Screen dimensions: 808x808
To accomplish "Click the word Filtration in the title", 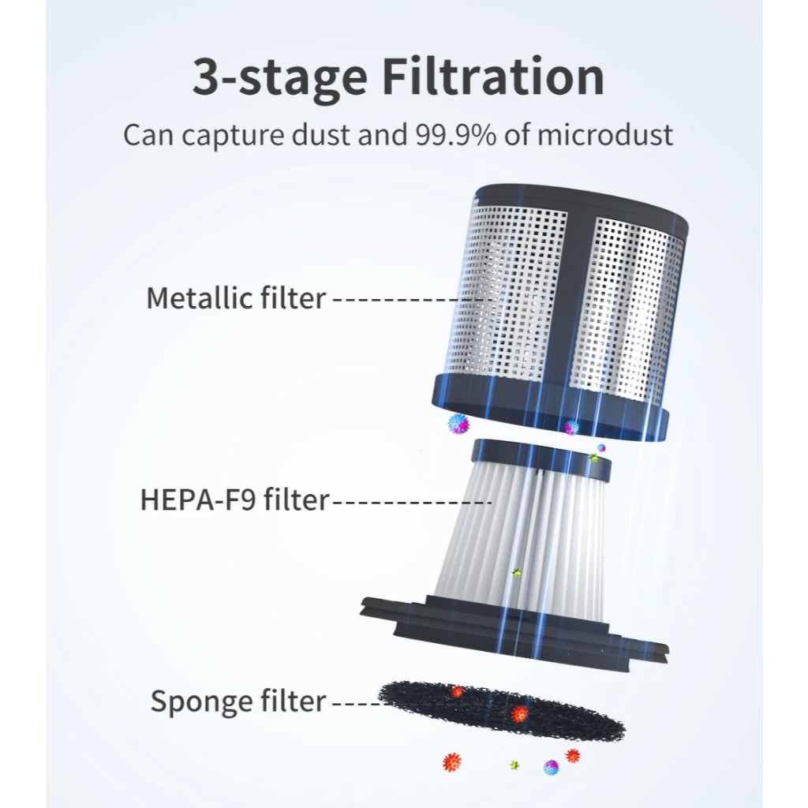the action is pos(492,77).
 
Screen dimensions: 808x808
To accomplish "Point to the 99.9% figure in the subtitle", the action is pos(455,134).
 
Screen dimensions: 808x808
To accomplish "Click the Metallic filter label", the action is pos(237,297).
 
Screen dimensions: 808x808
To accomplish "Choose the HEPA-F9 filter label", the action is pos(234,499).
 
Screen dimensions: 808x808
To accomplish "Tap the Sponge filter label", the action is pos(238,701).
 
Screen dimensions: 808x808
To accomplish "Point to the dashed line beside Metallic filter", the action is pos(410,299).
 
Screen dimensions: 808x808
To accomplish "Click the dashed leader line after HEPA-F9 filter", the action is pos(410,501).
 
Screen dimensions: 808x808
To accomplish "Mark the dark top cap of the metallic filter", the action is pos(582,205).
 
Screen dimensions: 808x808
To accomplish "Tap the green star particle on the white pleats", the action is pos(516,573).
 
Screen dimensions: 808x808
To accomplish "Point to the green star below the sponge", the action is pos(514,765).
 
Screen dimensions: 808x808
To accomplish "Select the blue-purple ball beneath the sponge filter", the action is pos(551,767).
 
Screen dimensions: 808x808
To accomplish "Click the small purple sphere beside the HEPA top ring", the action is pos(600,447).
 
